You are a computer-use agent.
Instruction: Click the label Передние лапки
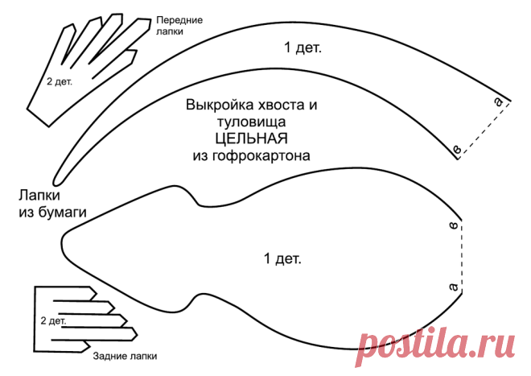click(179, 26)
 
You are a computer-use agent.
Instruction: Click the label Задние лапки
click(125, 357)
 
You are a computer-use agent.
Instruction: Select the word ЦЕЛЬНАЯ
click(252, 138)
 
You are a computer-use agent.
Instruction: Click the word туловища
click(252, 122)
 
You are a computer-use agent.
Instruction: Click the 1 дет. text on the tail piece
click(303, 48)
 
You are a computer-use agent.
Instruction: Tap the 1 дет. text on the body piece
click(282, 259)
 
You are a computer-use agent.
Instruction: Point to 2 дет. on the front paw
click(60, 81)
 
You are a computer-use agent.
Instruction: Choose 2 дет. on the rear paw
click(53, 320)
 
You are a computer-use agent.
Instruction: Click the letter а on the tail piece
click(498, 101)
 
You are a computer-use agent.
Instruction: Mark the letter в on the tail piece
click(457, 149)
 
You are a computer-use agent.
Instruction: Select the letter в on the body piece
click(454, 225)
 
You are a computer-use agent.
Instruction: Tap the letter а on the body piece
click(454, 287)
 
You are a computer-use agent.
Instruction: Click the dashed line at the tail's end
click(484, 130)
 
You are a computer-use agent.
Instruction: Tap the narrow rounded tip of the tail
click(56, 182)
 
